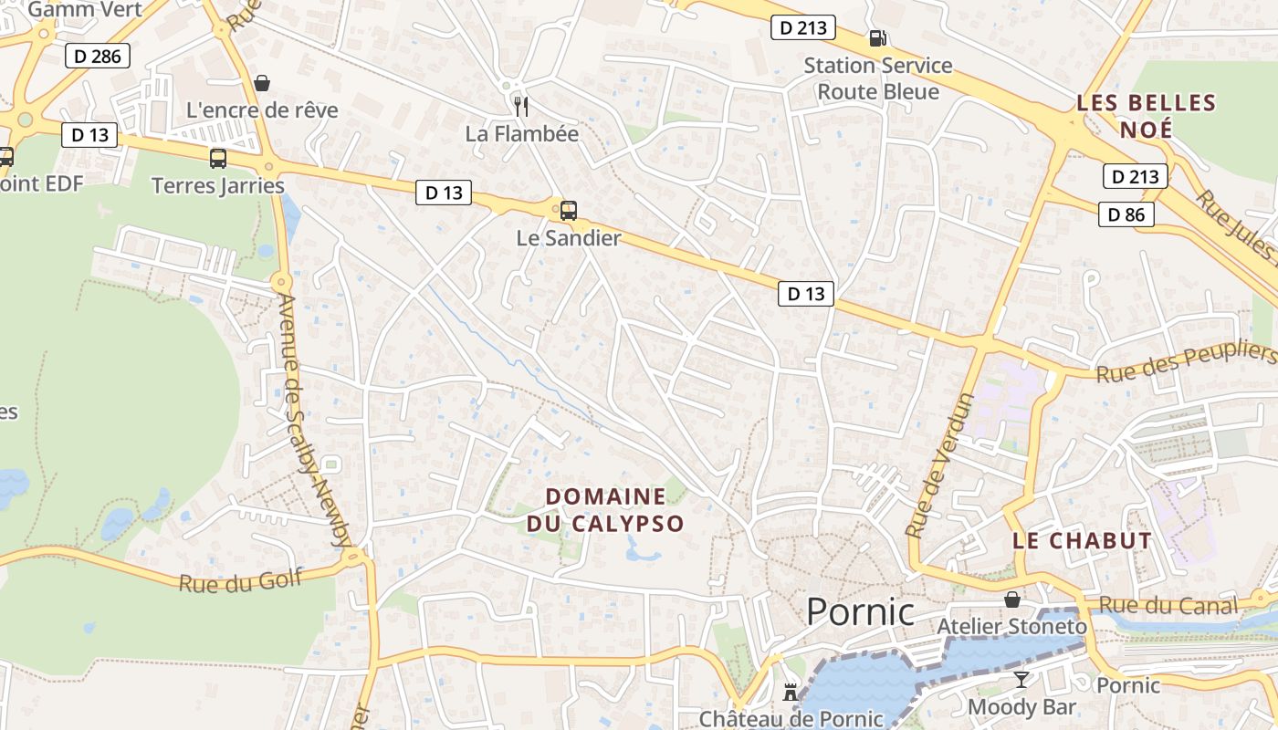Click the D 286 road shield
(97, 57)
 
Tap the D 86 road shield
(1126, 214)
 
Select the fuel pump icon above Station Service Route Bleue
(877, 37)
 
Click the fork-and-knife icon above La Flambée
(521, 106)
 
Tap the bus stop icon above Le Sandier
(568, 211)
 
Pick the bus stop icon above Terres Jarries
(218, 158)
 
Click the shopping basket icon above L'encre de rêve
(262, 83)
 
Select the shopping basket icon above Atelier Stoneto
(1011, 600)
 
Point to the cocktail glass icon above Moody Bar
(1021, 680)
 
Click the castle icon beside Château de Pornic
(791, 693)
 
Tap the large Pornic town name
(860, 611)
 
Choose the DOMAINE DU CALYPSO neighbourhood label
(605, 510)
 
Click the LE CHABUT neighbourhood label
(1082, 540)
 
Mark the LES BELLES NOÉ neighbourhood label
(1147, 115)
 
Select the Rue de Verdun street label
(940, 464)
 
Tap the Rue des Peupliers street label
(1185, 364)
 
